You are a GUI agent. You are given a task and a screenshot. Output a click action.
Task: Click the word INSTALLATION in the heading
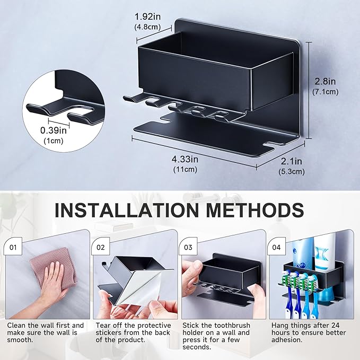[127, 209]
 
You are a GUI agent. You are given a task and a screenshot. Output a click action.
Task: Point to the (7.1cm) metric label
[324, 91]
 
